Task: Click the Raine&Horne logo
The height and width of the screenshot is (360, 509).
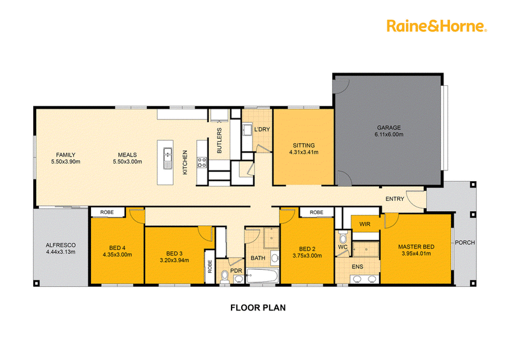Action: pos(436,26)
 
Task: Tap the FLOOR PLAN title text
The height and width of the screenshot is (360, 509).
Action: pos(258,308)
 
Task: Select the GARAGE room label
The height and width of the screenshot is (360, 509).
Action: pos(389,128)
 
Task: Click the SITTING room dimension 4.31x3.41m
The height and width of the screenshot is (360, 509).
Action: pos(304,152)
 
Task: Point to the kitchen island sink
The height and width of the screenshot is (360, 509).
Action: pos(167,158)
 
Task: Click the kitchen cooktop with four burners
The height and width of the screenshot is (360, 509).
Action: pos(202,162)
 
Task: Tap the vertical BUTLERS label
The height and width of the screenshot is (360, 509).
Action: pos(220,141)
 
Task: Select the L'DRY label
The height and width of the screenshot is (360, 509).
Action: pos(262,129)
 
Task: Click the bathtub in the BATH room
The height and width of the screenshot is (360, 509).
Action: pos(262,276)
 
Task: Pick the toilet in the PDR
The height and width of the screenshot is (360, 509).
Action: pos(225,277)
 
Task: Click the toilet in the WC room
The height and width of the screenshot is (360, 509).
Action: pos(343,237)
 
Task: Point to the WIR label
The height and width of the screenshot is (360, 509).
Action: pos(365,224)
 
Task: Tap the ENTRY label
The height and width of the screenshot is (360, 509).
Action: pos(394,198)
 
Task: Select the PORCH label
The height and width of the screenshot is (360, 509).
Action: pos(465,242)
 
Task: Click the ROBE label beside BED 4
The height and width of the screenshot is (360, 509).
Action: pos(107,212)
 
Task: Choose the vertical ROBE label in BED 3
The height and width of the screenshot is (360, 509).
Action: pos(210,267)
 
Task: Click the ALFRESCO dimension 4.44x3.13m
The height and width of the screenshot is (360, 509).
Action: pos(60,252)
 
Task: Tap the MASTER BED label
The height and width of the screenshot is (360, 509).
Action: pos(416,247)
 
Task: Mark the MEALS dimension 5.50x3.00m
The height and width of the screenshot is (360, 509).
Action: pos(128,162)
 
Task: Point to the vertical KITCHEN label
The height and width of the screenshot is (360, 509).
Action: pos(185,162)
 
